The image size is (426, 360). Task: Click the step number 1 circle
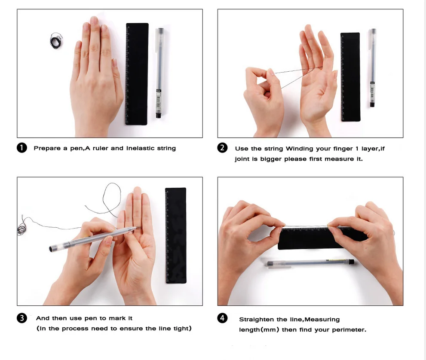[x=22, y=148]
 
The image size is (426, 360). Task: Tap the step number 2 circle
[x=222, y=148]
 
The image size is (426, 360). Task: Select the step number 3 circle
[x=22, y=318]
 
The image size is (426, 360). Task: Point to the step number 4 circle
[x=222, y=318]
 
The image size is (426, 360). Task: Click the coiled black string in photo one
[x=56, y=41]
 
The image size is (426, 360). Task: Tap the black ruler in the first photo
[x=137, y=74]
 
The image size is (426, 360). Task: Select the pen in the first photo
[x=159, y=73]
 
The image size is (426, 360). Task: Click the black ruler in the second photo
[x=350, y=76]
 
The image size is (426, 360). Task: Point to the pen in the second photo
[x=372, y=68]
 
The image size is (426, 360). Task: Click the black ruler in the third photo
[x=176, y=235]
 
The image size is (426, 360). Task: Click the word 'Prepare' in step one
[x=47, y=148]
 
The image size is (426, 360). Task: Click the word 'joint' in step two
[x=242, y=159]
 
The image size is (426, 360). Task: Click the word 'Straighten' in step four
[x=257, y=320]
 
